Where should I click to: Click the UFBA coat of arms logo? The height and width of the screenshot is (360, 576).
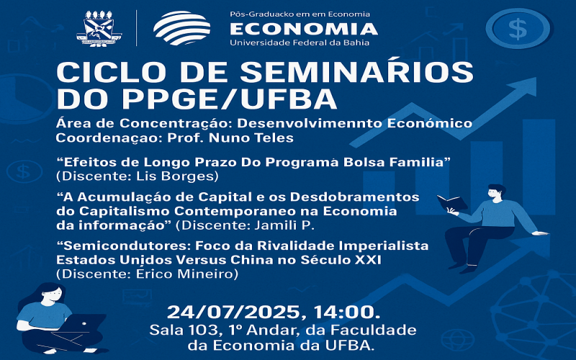[x=99, y=28]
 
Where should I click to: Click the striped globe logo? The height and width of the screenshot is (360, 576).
[x=182, y=28]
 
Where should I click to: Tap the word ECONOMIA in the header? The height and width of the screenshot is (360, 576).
[x=304, y=29]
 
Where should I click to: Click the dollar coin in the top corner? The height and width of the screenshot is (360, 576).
[x=518, y=29]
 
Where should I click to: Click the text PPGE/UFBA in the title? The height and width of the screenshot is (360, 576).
[x=230, y=99]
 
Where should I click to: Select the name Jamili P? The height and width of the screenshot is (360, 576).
[x=284, y=225]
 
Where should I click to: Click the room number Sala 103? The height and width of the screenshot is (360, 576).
[x=184, y=330]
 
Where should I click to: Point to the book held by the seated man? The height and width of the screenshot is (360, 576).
[x=452, y=203]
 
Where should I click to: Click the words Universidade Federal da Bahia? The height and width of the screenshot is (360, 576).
[x=300, y=42]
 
